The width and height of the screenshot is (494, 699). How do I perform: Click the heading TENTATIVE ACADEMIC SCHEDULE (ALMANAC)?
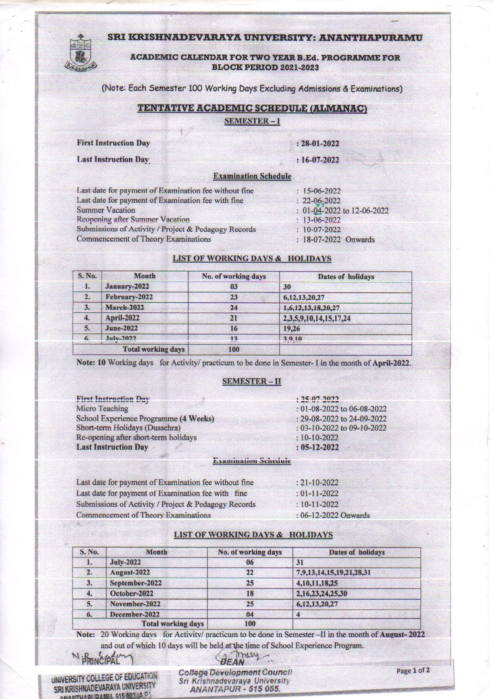252,108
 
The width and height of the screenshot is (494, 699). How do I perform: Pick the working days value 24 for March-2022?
233,308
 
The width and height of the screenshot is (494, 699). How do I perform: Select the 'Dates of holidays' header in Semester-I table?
345,276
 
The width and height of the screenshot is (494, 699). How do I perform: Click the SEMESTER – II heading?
251,381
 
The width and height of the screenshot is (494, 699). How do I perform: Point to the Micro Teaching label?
102,409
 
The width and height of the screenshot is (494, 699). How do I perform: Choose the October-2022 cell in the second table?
131,594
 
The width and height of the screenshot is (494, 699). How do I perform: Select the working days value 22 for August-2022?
250,573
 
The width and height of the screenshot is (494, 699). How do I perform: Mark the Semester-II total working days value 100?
250,624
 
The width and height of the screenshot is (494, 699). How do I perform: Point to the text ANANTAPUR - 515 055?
235,689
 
